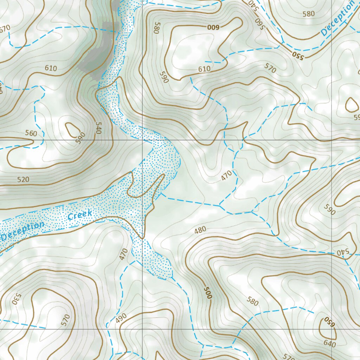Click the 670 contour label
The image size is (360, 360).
point(5,28)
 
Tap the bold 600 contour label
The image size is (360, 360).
point(213,27)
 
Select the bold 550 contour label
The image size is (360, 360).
point(297,55)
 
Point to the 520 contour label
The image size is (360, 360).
point(23,180)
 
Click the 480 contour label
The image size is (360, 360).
point(200,230)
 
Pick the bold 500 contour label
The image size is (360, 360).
point(208,292)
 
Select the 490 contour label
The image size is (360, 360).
point(121,318)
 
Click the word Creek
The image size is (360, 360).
point(80,215)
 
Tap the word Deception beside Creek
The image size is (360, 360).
point(22,231)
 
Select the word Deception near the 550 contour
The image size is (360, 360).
point(337,18)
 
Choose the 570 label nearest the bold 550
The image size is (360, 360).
point(270,69)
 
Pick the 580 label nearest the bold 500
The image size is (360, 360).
point(252,301)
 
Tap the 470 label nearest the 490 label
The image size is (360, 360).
point(123,254)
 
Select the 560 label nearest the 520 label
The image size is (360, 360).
point(31,133)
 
